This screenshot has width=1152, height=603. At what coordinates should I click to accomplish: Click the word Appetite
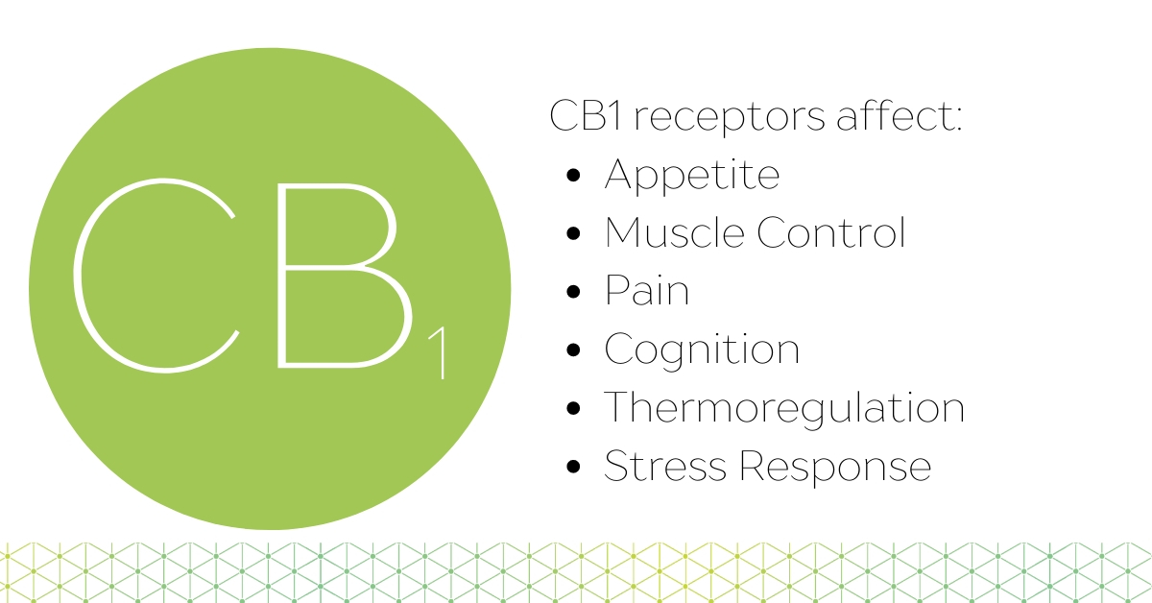(x=692, y=176)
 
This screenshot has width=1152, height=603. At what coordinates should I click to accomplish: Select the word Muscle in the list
(x=674, y=232)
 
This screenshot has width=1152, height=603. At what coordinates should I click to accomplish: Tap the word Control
(x=830, y=232)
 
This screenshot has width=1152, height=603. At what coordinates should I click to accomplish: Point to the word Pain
(x=646, y=290)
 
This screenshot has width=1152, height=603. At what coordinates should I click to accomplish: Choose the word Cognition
(x=702, y=350)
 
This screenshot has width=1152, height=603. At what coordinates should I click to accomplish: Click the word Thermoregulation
(x=784, y=408)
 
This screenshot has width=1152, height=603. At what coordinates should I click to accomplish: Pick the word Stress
(x=665, y=466)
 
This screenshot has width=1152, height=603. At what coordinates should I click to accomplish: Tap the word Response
(x=835, y=467)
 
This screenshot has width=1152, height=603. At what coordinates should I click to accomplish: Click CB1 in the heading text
(x=587, y=115)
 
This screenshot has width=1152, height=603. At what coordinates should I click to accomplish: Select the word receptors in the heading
(x=730, y=118)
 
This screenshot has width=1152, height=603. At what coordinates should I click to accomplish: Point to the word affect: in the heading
(x=899, y=115)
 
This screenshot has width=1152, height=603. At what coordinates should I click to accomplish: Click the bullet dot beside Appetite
(x=573, y=175)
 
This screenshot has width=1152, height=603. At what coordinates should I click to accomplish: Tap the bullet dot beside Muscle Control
(x=573, y=233)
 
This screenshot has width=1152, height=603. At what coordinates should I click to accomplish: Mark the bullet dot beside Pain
(x=573, y=291)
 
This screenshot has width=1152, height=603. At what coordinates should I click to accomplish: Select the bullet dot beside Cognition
(x=573, y=350)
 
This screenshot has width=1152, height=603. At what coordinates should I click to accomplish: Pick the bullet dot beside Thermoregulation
(x=573, y=408)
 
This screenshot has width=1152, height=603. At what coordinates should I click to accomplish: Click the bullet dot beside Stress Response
(x=573, y=467)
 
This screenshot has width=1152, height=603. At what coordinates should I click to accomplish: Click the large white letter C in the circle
(x=75, y=275)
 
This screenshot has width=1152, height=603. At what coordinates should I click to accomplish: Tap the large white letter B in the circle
(x=279, y=276)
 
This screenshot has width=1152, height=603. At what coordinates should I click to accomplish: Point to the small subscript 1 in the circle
(x=442, y=354)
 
